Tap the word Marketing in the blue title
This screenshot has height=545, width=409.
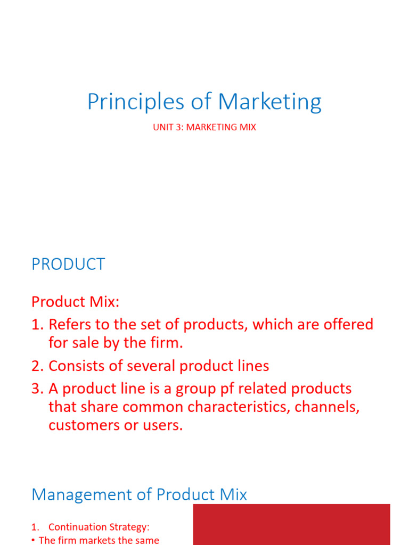click(270, 102)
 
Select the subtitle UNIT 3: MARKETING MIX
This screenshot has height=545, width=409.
click(204, 128)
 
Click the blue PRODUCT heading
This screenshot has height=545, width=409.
click(68, 265)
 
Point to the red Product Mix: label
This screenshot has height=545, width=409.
click(76, 302)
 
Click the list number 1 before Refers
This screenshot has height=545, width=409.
click(37, 325)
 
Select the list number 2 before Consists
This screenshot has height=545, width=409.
click(37, 366)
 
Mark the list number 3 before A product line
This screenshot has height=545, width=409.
click(37, 389)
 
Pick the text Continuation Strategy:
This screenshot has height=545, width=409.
click(99, 527)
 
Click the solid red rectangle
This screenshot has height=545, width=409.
click(291, 524)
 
